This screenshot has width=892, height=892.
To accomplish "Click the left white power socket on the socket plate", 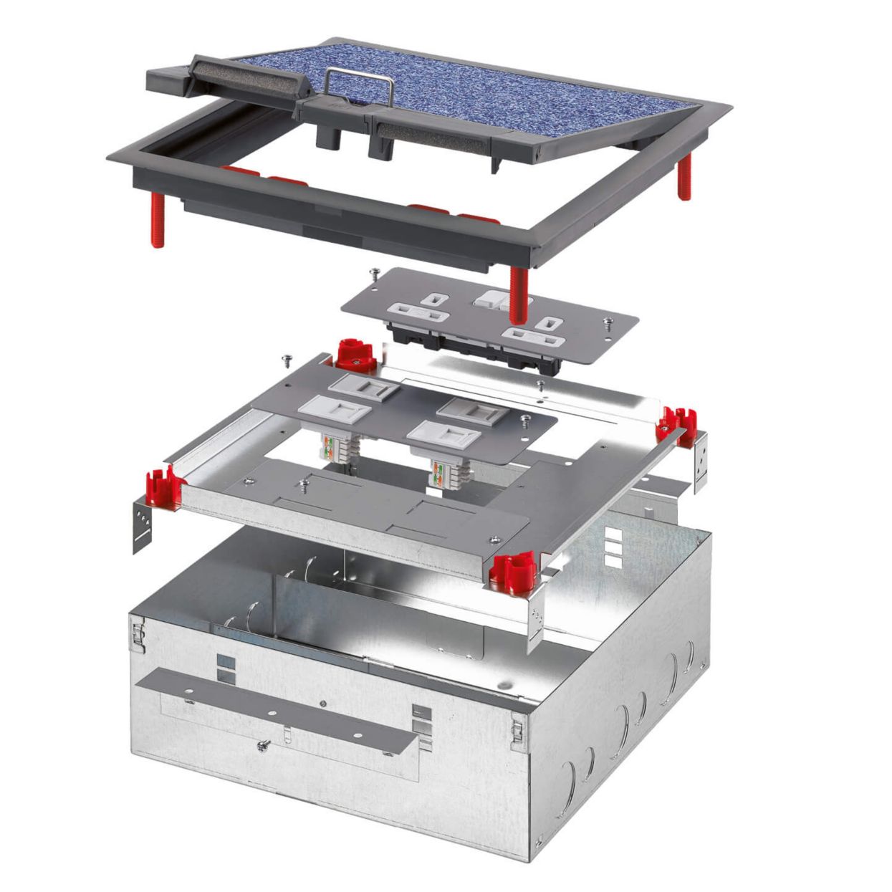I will tap(418, 310).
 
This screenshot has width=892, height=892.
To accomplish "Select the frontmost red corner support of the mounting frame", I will tap(511, 571).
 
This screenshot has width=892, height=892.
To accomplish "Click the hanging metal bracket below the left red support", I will tap(143, 525).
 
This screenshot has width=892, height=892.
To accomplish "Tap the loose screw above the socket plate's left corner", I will tap(373, 272).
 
